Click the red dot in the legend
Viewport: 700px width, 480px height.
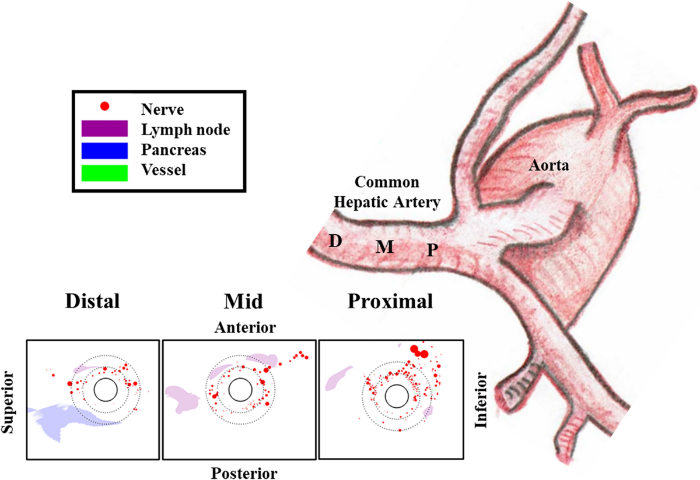104,106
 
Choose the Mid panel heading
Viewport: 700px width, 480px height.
243,302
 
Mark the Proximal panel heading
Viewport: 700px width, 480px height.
390,302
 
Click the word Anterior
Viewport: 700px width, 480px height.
244,327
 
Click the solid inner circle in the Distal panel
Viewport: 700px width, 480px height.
105,389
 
